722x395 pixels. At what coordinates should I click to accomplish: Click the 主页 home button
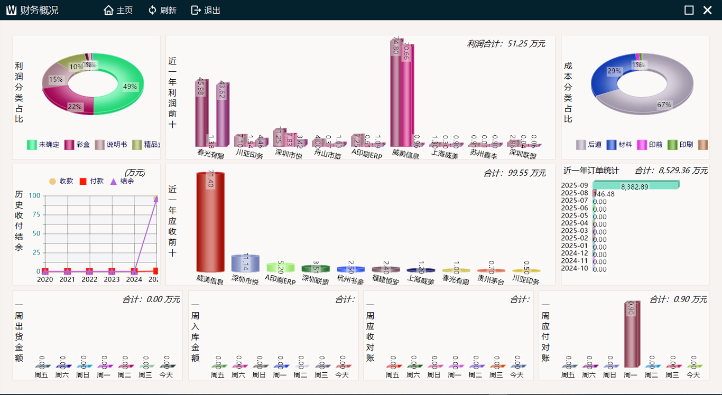coord(118,11)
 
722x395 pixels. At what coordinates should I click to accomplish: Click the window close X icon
coord(707,10)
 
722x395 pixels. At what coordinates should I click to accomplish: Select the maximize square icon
coord(689,10)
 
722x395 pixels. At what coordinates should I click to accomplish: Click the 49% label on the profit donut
coord(130,87)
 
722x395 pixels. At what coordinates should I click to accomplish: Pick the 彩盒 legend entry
coord(77,144)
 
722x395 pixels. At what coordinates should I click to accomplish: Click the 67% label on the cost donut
coord(664,105)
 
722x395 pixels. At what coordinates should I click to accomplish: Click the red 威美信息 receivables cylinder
coord(210,222)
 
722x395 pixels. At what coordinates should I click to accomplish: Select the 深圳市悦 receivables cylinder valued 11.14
coord(245,263)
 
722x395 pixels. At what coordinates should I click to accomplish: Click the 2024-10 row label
coord(575,269)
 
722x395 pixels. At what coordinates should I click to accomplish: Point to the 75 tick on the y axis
coord(34,214)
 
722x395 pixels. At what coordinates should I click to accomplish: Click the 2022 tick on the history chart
coord(89,279)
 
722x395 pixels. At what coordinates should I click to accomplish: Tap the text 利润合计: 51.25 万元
coord(506,44)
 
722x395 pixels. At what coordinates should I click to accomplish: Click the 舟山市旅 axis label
coord(328,155)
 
